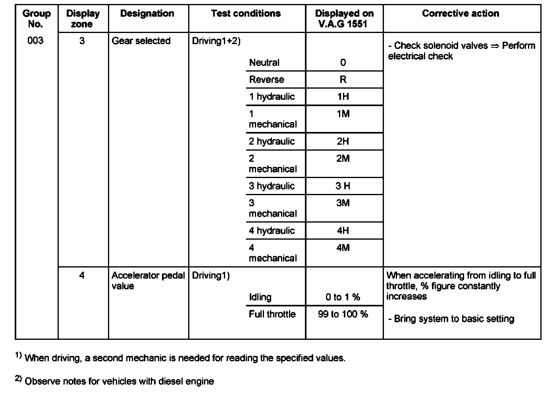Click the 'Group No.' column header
37,19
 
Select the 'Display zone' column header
83,19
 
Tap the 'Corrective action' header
461,14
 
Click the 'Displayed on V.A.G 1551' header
344,19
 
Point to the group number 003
35,41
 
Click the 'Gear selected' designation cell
141,41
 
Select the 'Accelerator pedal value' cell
148,281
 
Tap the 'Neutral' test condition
264,62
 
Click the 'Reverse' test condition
266,79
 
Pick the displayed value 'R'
343,79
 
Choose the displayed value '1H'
343,97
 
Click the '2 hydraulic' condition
272,141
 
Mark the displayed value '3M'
343,203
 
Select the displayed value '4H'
343,231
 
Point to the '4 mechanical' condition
273,253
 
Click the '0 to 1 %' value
343,297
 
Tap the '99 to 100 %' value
343,314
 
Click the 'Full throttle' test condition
272,314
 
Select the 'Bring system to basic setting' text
451,319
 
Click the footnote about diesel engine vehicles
119,382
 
